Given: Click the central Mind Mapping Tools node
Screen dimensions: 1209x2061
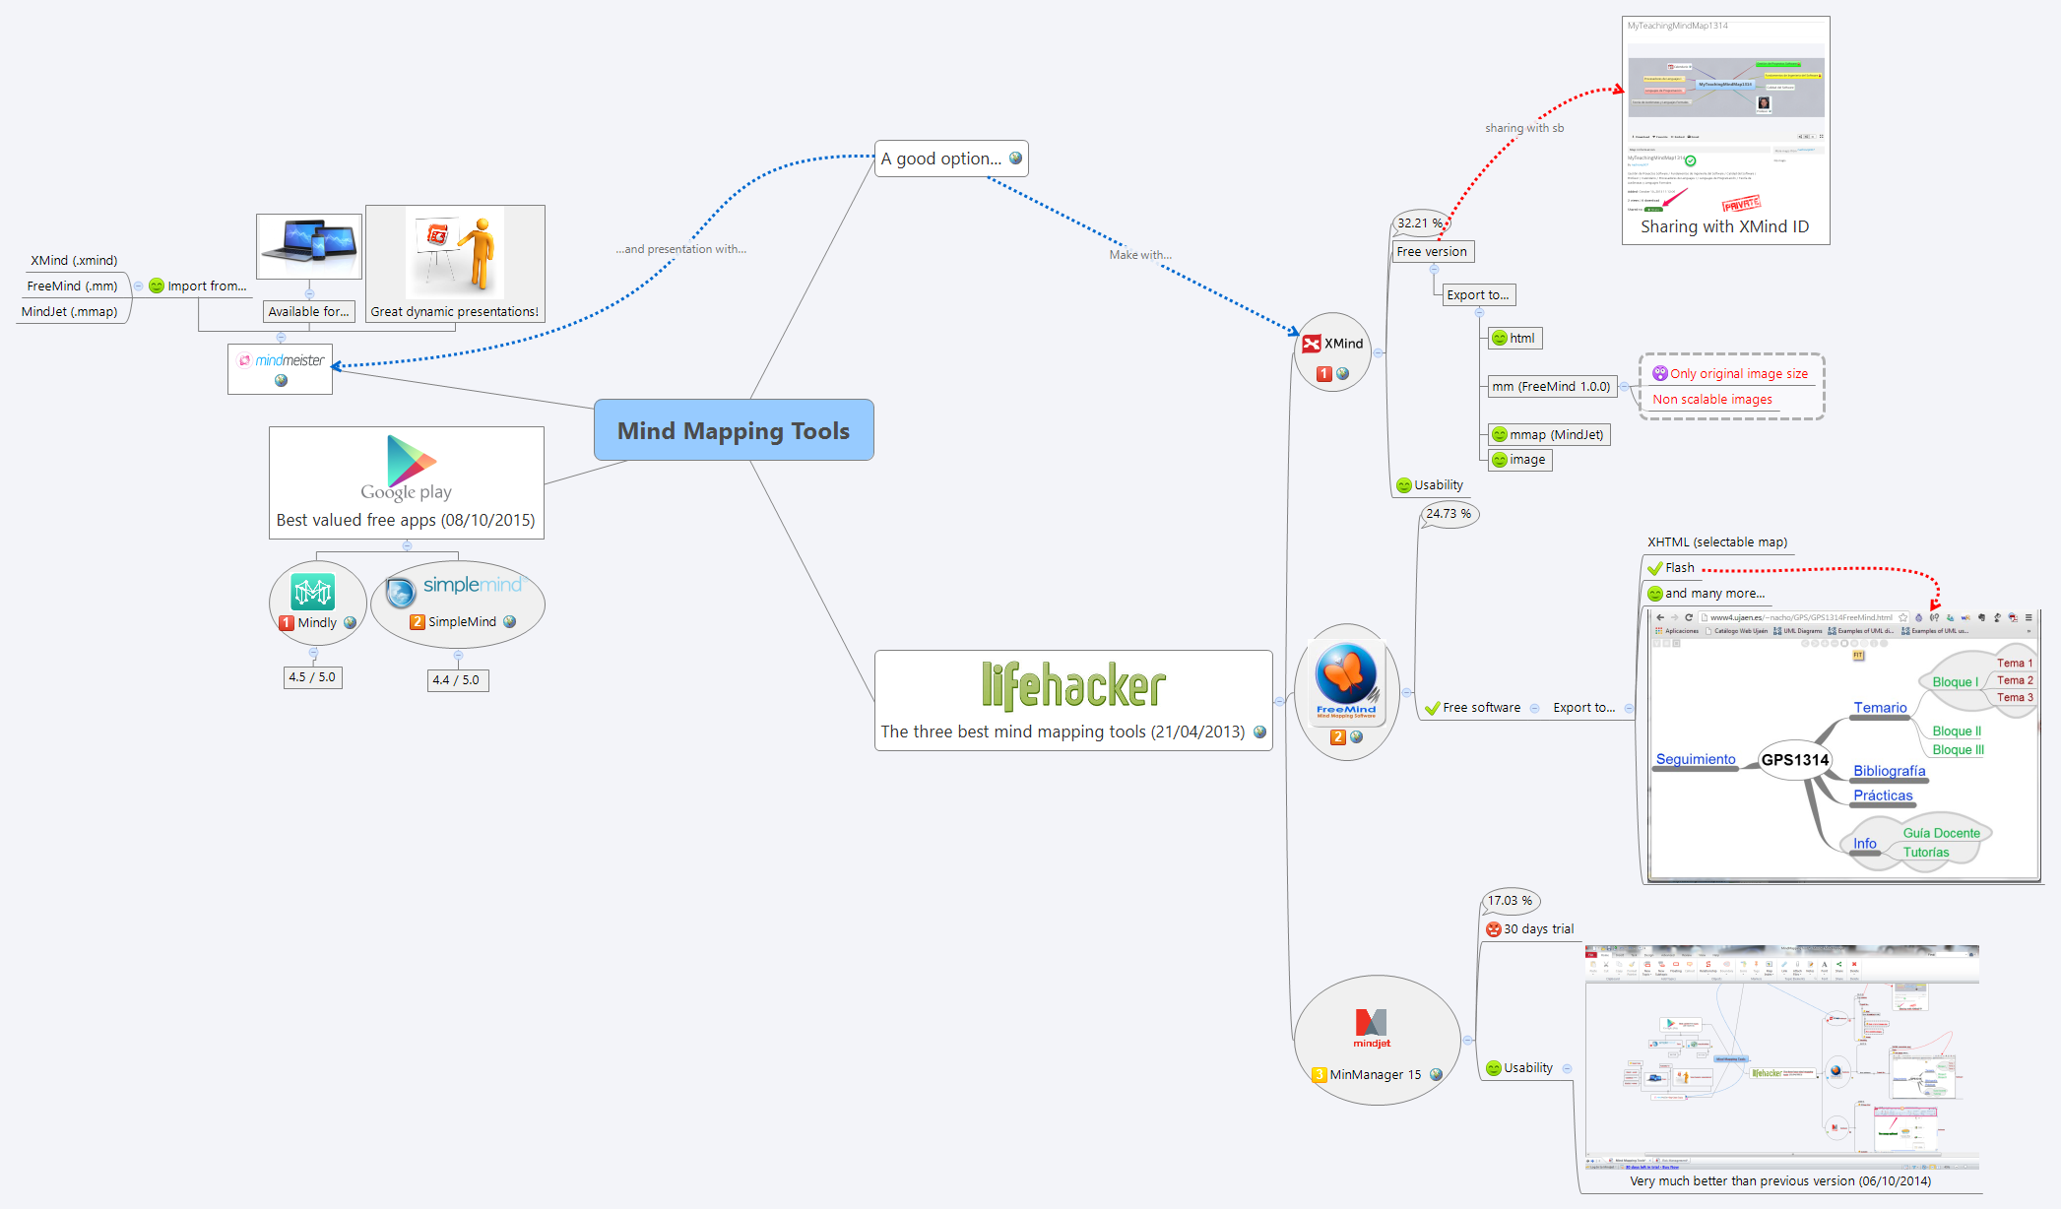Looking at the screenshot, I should click(x=734, y=430).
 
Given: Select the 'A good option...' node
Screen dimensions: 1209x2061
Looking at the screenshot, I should click(x=941, y=159).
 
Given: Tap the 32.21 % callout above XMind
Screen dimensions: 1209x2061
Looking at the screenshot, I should click(x=1419, y=223).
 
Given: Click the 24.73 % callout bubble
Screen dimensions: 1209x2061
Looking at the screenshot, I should click(x=1449, y=514).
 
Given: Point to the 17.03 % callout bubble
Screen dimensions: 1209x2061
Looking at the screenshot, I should click(x=1510, y=901).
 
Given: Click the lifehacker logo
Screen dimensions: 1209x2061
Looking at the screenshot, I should click(x=1073, y=685).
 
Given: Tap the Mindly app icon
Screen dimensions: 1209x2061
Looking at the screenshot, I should click(x=313, y=592).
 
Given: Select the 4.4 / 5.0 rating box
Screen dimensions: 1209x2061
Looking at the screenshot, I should click(x=457, y=680).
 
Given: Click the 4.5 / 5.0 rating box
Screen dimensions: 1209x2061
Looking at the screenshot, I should click(x=312, y=677).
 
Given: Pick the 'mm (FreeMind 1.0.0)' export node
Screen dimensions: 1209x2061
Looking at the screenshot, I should click(x=1551, y=387).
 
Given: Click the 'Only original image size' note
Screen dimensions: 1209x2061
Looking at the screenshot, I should click(x=1738, y=374).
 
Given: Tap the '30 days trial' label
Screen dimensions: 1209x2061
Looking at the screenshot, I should click(x=1538, y=929).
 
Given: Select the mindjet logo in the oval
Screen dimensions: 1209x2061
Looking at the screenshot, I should click(x=1372, y=1027).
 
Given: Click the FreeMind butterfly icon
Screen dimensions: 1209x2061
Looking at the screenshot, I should click(x=1346, y=676).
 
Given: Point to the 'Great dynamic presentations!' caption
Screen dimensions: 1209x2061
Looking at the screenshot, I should click(x=454, y=312).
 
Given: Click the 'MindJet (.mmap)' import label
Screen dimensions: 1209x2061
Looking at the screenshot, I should click(x=70, y=312).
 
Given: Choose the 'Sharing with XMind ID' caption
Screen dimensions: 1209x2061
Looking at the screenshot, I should click(x=1724, y=226).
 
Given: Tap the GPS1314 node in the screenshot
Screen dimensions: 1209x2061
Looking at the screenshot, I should click(x=1794, y=760).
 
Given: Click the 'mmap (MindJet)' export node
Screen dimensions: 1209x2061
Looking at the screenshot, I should click(x=1556, y=435).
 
